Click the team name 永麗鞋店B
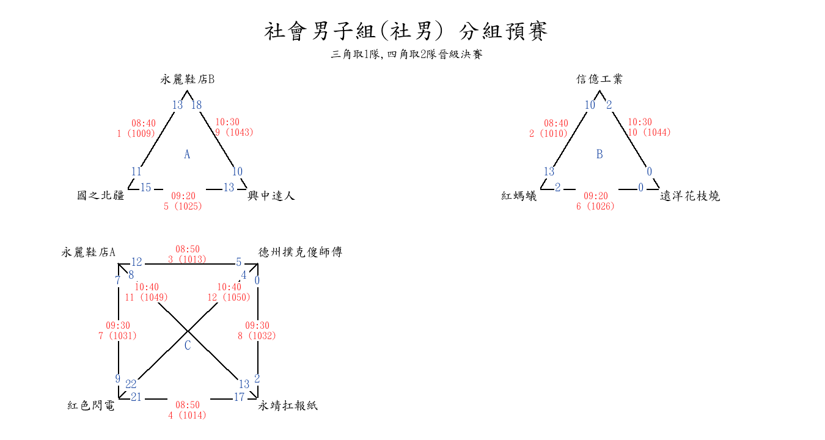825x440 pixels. [x=188, y=79]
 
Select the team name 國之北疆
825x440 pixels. [x=101, y=196]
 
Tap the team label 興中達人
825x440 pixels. [x=271, y=196]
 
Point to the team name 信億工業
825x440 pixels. [x=599, y=79]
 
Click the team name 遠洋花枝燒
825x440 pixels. [x=690, y=196]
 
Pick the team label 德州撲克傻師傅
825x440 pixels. [x=300, y=252]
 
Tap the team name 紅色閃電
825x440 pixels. [x=91, y=406]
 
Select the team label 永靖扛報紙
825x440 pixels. [x=288, y=406]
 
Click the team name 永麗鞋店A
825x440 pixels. [x=89, y=252]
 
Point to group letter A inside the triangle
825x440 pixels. [x=187, y=155]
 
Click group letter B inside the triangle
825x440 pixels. [x=599, y=155]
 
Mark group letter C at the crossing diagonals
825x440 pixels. [x=188, y=346]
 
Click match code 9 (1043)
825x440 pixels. [x=234, y=132]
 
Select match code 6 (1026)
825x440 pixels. [x=595, y=207]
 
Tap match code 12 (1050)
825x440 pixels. [x=229, y=298]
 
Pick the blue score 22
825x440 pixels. [x=131, y=384]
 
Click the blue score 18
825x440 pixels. [x=196, y=105]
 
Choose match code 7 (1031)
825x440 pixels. [x=117, y=336]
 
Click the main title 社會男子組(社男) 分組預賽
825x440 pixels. [x=406, y=31]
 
